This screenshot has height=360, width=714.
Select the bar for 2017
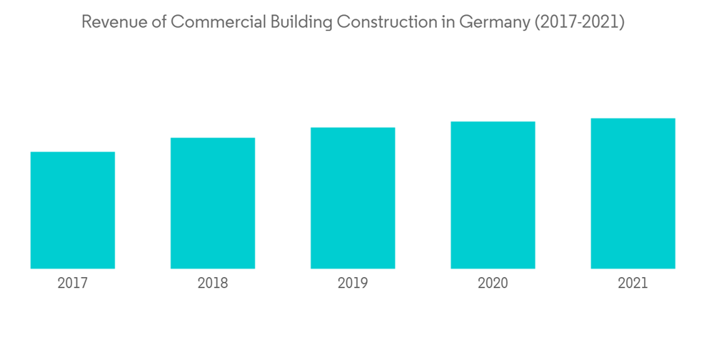tap(73, 210)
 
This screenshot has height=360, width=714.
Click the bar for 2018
tap(213, 203)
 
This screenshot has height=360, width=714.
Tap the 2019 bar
tap(353, 198)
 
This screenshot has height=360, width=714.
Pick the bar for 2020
tap(493, 195)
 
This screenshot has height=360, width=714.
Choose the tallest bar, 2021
tap(633, 194)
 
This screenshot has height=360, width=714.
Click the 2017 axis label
tap(73, 284)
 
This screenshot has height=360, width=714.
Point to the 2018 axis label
tap(213, 284)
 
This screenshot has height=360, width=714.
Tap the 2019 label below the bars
tap(353, 284)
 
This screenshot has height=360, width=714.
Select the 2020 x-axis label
tap(493, 284)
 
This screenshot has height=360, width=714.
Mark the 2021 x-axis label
tap(633, 284)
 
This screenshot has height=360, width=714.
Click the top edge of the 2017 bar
tap(73, 152)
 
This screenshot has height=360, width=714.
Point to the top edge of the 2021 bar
tap(633, 119)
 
